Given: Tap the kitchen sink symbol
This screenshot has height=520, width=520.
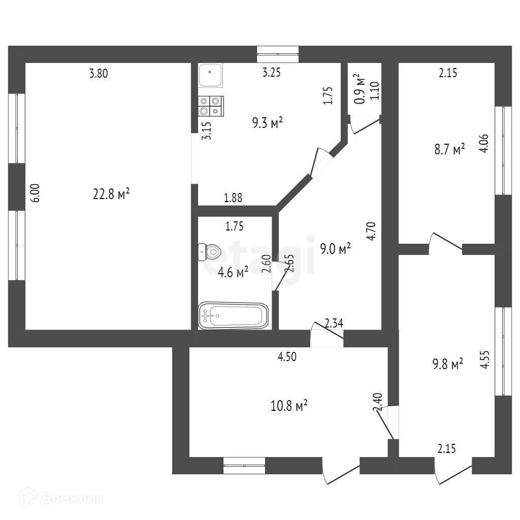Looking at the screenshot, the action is pyautogui.click(x=209, y=75).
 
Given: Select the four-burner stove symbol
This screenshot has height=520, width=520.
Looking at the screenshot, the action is pyautogui.click(x=210, y=106).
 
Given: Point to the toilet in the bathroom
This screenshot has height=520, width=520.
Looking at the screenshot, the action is pyautogui.click(x=209, y=250).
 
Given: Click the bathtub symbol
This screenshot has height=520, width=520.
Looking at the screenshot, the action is pyautogui.click(x=233, y=316).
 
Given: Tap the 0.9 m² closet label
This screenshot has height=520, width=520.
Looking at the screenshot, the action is pyautogui.click(x=360, y=90).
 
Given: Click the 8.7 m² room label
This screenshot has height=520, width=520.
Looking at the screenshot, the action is pyautogui.click(x=448, y=150).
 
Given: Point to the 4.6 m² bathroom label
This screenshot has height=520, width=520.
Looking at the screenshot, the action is pyautogui.click(x=233, y=272).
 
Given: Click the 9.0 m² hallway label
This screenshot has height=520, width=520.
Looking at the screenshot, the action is pyautogui.click(x=335, y=249).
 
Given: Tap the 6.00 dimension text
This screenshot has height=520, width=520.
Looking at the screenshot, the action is pyautogui.click(x=34, y=193).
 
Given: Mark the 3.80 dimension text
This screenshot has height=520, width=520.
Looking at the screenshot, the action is pyautogui.click(x=99, y=73).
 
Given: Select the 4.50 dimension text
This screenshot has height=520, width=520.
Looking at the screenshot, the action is pyautogui.click(x=286, y=356).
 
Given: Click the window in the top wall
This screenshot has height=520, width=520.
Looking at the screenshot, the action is pyautogui.click(x=277, y=54).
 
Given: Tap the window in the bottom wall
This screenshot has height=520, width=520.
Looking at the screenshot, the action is pyautogui.click(x=244, y=466).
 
